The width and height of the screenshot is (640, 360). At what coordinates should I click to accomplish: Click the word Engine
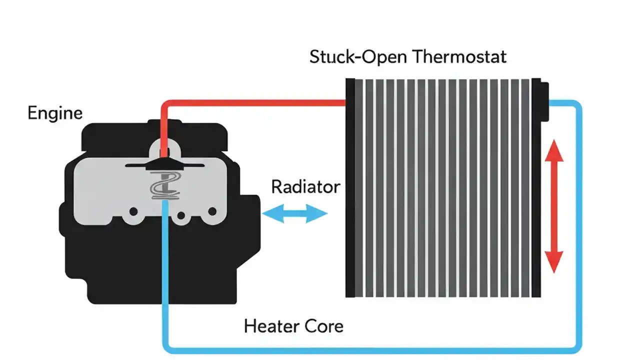tap(55, 113)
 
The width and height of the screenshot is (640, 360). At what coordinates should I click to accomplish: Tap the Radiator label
tap(305, 187)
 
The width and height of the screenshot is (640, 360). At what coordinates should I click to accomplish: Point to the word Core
tap(323, 326)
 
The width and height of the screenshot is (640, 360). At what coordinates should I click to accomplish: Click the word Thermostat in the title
tap(460, 56)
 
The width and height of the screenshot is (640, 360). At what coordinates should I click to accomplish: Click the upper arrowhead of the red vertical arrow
tap(554, 150)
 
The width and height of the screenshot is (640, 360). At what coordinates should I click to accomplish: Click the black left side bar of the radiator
tap(350, 187)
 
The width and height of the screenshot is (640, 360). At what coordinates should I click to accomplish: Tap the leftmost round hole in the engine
tap(133, 211)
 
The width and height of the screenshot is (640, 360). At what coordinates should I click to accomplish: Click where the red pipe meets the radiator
tap(345, 103)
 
